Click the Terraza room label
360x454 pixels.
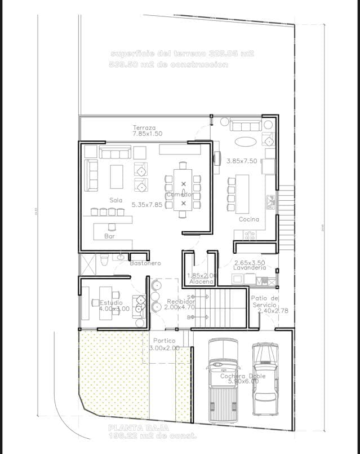pyautogui.click(x=144, y=127)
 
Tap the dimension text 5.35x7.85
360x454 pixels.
pyautogui.click(x=146, y=205)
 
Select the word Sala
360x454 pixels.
pyautogui.click(x=115, y=200)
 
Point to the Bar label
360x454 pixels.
pyautogui.click(x=110, y=237)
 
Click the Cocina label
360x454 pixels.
pyautogui.click(x=248, y=219)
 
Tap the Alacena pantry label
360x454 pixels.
pyautogui.click(x=201, y=281)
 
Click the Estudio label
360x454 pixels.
pyautogui.click(x=103, y=302)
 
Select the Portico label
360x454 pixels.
pyautogui.click(x=164, y=341)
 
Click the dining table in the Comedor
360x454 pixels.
pyautogui.click(x=183, y=189)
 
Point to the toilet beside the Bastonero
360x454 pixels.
pyautogui.click(x=104, y=260)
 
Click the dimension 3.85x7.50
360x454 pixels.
pyautogui.click(x=242, y=161)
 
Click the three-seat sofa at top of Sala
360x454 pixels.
pyautogui.click(x=115, y=152)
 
